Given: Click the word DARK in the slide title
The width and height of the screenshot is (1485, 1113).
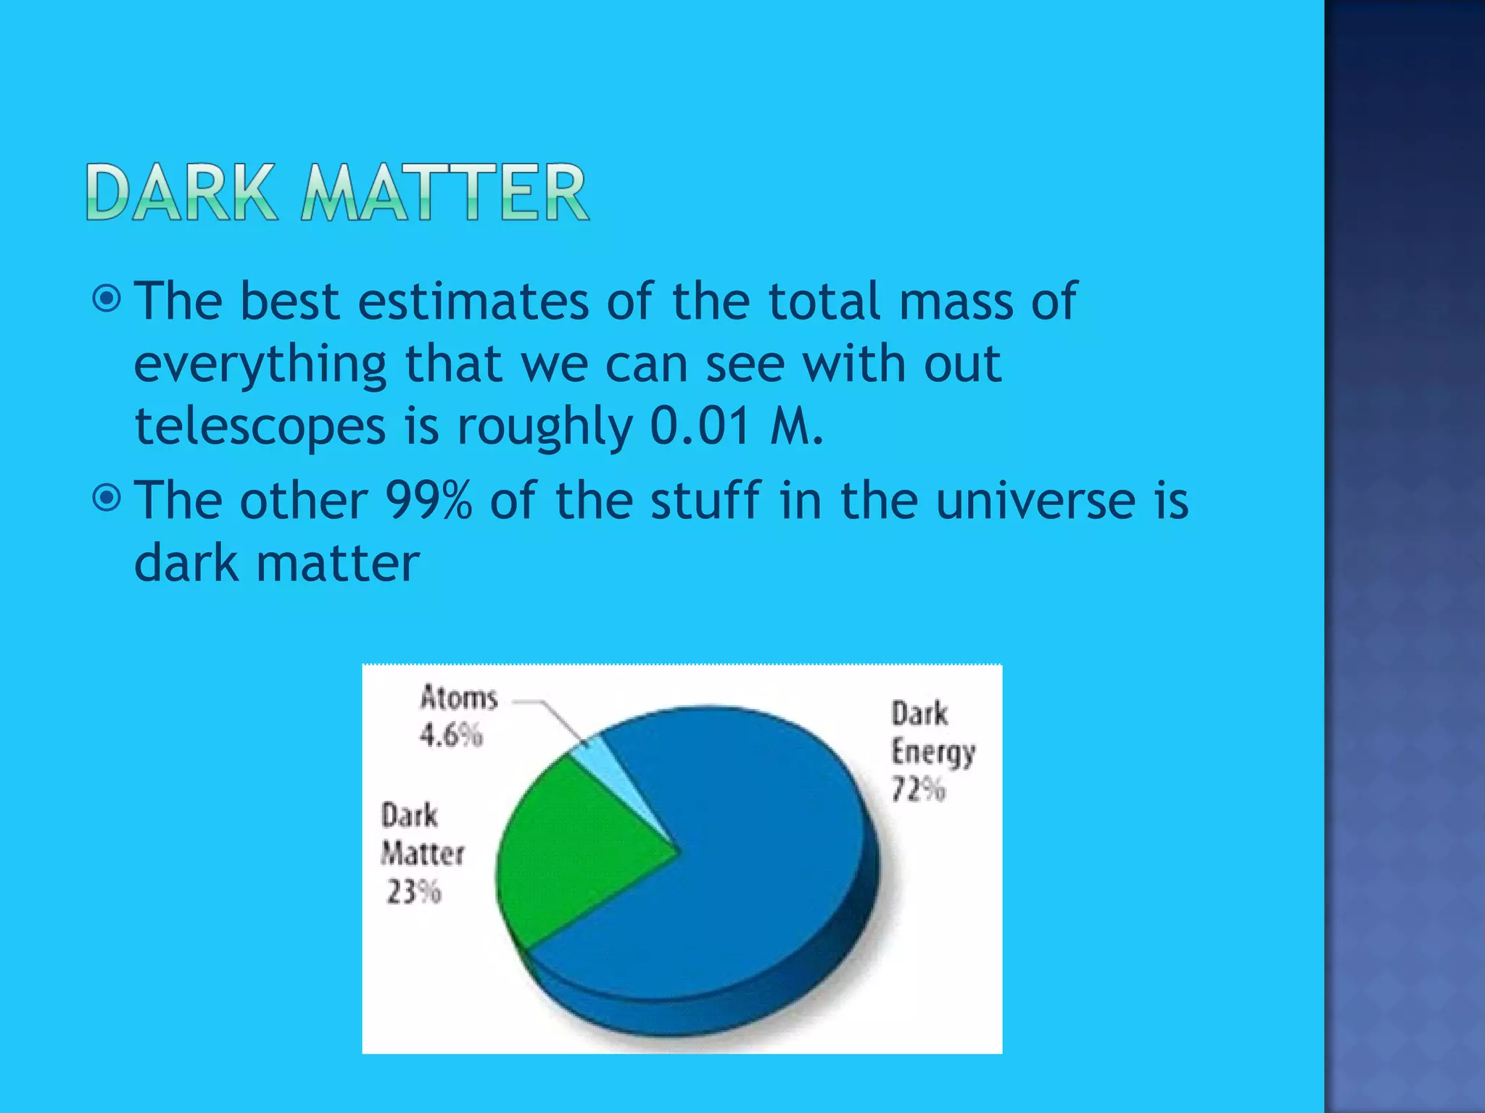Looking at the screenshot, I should (181, 192).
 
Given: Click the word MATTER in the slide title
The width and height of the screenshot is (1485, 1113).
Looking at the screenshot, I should (444, 192).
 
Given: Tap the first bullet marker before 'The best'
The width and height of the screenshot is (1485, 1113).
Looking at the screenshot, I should (107, 299).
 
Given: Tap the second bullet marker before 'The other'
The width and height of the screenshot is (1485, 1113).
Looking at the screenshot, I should (107, 499).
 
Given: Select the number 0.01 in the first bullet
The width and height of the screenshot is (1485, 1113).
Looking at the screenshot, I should (700, 426).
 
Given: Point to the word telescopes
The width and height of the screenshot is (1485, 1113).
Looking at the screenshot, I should (260, 426).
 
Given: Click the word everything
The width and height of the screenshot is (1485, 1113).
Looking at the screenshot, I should (260, 364).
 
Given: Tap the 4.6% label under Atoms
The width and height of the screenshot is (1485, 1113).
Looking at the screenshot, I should (451, 735).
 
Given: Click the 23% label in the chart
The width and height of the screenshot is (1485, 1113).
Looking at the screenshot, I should (413, 892).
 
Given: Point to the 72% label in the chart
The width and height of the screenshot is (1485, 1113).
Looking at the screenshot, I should (918, 789).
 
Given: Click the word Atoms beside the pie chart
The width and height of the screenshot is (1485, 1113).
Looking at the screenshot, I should (459, 697).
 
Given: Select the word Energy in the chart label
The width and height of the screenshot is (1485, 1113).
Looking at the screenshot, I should (933, 752).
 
